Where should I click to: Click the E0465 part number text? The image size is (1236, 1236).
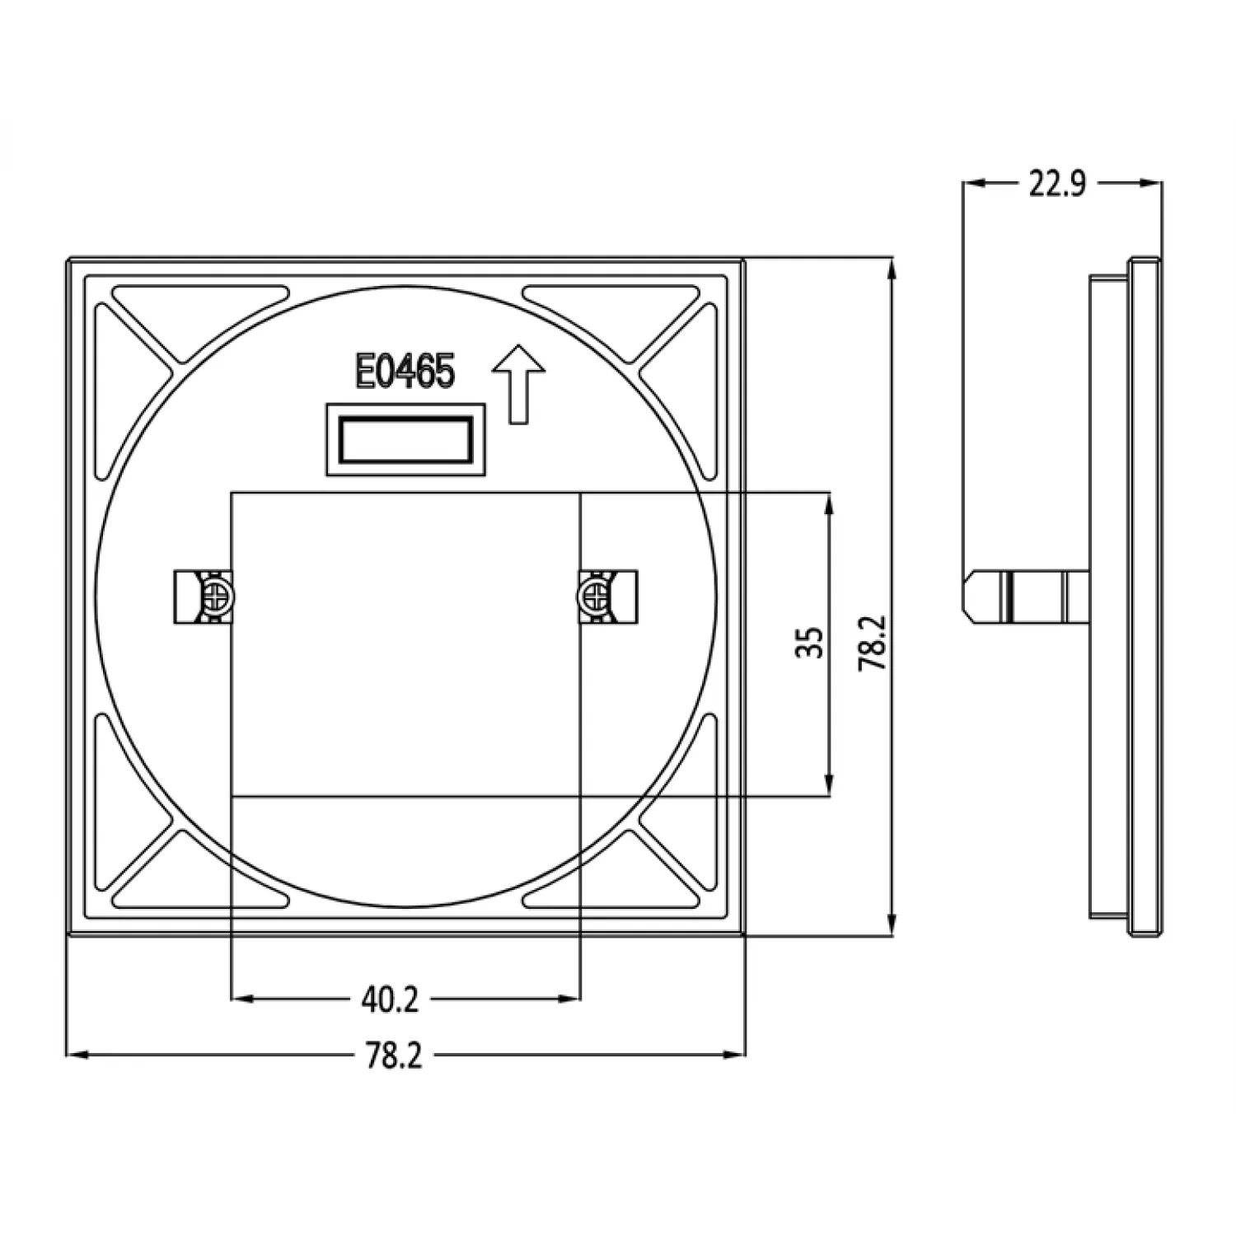(x=405, y=372)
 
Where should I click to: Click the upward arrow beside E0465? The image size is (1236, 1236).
(x=518, y=384)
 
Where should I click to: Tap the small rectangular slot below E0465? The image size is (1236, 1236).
(x=405, y=439)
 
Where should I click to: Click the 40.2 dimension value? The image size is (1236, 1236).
(x=390, y=1000)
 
